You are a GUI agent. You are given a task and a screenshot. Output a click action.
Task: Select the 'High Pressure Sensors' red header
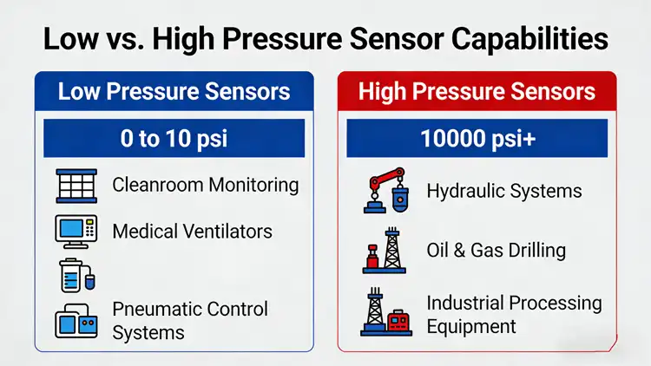click(477, 91)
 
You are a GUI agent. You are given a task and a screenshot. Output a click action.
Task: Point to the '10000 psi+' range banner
click(477, 138)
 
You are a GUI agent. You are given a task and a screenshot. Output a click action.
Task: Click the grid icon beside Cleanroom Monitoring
click(76, 186)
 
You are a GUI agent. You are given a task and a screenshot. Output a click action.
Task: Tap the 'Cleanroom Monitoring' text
click(206, 185)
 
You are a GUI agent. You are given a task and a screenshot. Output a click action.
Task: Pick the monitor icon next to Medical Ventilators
click(76, 231)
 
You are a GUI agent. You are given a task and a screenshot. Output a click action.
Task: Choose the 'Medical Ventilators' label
click(193, 231)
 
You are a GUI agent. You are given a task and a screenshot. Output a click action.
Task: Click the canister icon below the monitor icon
click(75, 275)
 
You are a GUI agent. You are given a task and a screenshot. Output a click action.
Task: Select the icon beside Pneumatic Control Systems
click(76, 321)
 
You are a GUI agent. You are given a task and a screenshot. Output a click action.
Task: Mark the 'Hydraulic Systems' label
click(503, 191)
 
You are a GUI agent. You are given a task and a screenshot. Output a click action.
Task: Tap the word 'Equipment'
click(471, 326)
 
